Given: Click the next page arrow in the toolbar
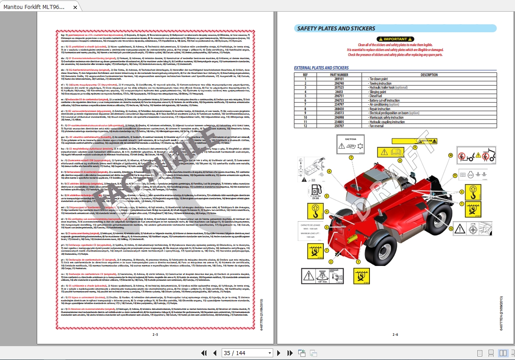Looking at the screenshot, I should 278,353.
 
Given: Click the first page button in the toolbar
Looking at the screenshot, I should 204,353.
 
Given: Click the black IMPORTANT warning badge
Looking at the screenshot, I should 395,39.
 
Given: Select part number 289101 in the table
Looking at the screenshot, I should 339,79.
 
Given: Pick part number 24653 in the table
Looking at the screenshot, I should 339,92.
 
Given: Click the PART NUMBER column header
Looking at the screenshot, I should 339,75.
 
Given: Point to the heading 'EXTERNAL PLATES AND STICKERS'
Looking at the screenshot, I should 321,68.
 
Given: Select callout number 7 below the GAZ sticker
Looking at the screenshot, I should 351,158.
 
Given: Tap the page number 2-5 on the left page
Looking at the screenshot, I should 155,334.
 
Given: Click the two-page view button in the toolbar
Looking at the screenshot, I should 502,353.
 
